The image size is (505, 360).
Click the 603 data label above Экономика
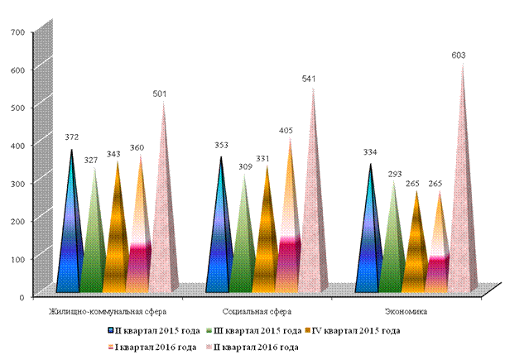click(459, 55)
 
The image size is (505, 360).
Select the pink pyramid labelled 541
click(311, 206)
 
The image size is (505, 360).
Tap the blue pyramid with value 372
click(70, 225)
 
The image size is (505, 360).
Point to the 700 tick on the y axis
click(17, 32)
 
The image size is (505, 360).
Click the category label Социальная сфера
click(257, 312)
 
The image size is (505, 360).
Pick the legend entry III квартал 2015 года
click(254, 331)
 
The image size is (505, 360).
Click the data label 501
click(160, 94)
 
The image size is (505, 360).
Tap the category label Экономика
click(406, 312)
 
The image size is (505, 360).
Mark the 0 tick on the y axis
click(22, 297)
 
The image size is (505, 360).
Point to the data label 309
click(245, 167)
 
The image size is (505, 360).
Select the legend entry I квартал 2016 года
click(151, 347)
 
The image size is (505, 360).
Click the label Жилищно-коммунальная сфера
click(108, 312)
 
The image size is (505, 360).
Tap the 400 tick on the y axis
click(17, 146)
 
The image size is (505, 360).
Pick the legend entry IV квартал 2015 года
click(353, 331)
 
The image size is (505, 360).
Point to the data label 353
click(221, 145)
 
